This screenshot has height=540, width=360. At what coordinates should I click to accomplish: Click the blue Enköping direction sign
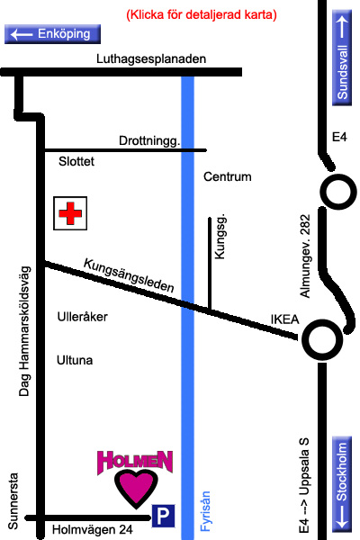(x=52, y=34)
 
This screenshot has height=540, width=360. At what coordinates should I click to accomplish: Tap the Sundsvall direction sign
(x=342, y=58)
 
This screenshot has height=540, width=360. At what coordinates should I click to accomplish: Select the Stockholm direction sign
(x=342, y=484)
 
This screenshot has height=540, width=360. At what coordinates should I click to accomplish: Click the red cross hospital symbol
(x=70, y=213)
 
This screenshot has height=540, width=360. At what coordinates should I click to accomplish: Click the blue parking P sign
(x=163, y=516)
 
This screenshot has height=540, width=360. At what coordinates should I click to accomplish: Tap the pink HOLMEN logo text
(x=135, y=462)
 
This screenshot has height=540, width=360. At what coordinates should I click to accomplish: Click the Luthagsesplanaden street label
(x=151, y=58)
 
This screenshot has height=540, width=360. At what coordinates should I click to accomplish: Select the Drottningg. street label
(x=149, y=140)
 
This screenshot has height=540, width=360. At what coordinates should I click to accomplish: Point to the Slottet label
(x=76, y=161)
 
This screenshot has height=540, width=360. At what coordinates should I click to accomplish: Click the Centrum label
(x=228, y=176)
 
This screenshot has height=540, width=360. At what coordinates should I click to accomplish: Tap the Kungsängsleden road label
(x=129, y=275)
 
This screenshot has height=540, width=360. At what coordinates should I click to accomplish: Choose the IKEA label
(x=285, y=319)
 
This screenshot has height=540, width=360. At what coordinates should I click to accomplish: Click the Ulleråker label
(x=82, y=317)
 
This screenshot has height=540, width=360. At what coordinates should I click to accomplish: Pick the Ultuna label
(x=75, y=360)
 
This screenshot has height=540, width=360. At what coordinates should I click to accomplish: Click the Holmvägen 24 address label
(x=93, y=530)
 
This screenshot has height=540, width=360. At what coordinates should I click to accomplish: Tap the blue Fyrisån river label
(x=205, y=511)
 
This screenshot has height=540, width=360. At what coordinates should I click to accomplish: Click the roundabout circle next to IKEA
(x=322, y=339)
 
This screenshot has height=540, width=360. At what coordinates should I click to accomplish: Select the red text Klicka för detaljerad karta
(x=202, y=14)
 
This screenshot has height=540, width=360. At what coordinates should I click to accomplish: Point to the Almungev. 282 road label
(x=305, y=256)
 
